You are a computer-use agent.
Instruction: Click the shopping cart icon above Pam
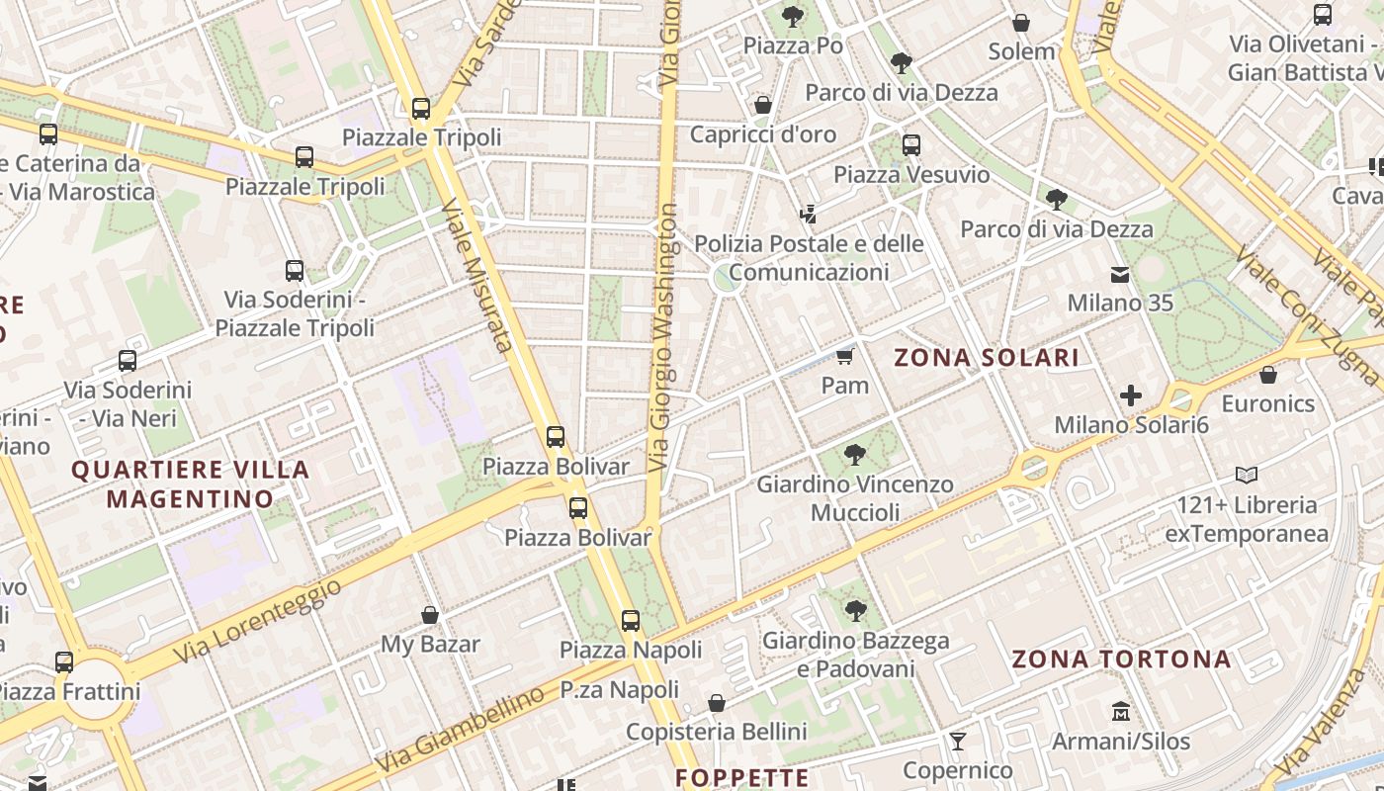[844, 356]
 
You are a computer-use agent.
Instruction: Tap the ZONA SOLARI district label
[987, 358]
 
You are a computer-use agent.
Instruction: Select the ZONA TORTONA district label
[1122, 659]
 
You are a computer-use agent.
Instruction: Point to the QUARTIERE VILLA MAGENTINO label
[190, 483]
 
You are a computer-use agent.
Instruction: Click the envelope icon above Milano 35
[1120, 274]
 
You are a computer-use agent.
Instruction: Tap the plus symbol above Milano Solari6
[1131, 396]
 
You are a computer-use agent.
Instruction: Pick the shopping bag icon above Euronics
[1268, 375]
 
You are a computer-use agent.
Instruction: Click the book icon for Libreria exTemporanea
[1247, 476]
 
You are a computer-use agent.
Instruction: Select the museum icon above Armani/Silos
[1121, 711]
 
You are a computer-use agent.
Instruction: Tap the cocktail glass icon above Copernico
[957, 741]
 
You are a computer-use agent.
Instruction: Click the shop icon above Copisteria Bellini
[717, 703]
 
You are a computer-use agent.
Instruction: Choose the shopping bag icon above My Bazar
[430, 615]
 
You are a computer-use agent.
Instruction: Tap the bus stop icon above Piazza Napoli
[631, 621]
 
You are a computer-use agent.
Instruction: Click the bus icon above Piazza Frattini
[64, 661]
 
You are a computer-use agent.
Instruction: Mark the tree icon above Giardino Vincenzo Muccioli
[855, 455]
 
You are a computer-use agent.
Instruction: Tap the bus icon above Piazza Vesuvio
[911, 145]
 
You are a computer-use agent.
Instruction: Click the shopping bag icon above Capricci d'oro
[763, 105]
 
